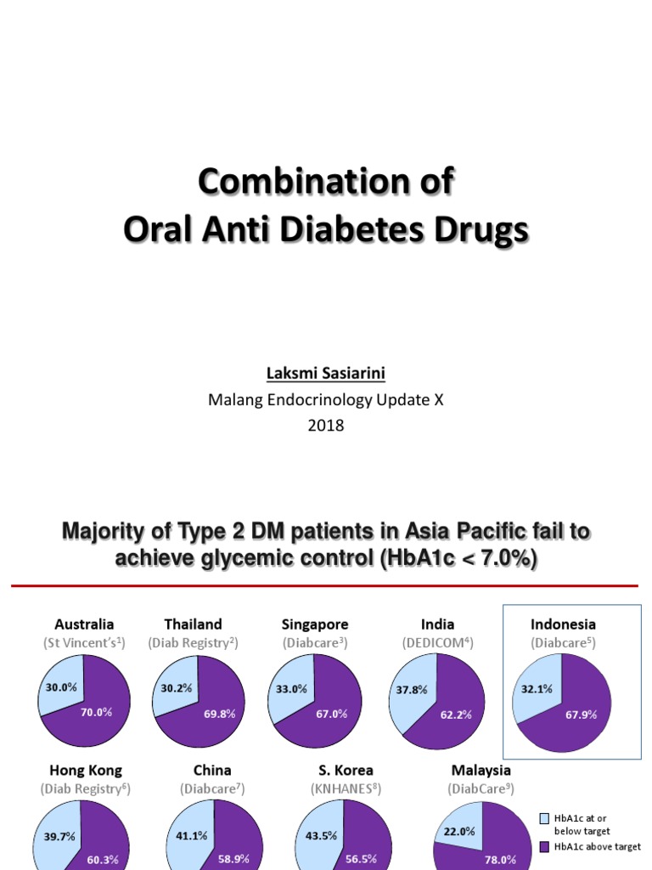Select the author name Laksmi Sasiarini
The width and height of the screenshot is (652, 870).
[x=326, y=374]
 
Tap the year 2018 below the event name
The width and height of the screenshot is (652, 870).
[x=326, y=426]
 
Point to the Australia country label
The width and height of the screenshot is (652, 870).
[x=84, y=624]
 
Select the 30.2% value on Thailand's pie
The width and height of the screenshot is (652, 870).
[x=177, y=687]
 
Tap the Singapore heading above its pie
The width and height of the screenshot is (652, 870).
[x=315, y=624]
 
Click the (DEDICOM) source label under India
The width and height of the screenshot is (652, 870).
[x=437, y=643]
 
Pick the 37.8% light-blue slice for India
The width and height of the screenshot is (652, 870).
[x=411, y=690]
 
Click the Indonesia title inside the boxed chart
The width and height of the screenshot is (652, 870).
[x=563, y=624]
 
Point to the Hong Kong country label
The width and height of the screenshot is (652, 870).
[x=86, y=771]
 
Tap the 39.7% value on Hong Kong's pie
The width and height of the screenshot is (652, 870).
[x=59, y=836]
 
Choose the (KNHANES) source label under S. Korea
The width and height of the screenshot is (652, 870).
[x=346, y=789]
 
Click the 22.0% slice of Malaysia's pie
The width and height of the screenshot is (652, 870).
[x=458, y=831]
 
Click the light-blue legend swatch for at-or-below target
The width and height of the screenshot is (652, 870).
[x=545, y=818]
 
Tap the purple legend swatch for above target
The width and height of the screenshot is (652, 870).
[x=545, y=846]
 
